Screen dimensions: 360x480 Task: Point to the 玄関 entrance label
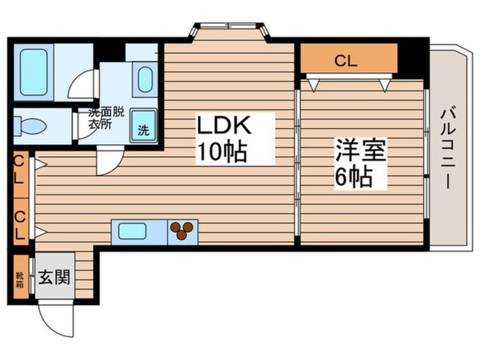tap(54, 278)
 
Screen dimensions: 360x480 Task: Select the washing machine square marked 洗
tap(144, 129)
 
